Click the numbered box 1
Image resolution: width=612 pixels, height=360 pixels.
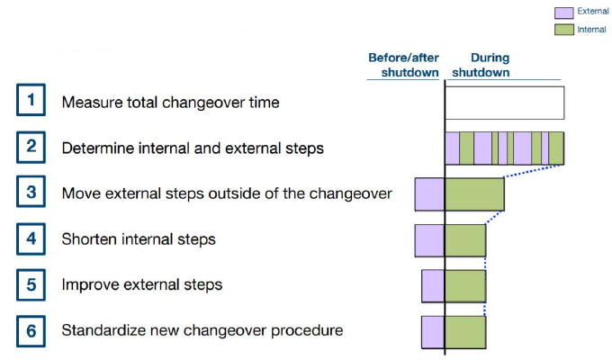tap(31, 100)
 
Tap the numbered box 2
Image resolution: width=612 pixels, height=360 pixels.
tap(31, 147)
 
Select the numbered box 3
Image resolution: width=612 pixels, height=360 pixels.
tap(31, 192)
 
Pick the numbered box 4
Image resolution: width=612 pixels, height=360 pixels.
tap(31, 239)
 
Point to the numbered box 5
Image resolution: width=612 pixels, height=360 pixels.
tap(31, 284)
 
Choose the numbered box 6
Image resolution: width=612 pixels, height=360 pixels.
tap(31, 331)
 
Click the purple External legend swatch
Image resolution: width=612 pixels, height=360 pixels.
tap(564, 13)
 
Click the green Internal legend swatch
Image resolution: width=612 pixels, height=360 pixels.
tap(564, 30)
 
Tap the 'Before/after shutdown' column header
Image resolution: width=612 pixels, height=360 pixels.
tap(403, 65)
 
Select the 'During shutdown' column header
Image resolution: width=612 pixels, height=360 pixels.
tap(481, 65)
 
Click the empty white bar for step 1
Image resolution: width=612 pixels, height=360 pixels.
tap(505, 103)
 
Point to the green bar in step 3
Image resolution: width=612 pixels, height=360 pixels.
tap(474, 194)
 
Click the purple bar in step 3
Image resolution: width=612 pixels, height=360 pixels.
tap(429, 194)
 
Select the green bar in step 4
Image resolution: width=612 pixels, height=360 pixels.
tap(465, 240)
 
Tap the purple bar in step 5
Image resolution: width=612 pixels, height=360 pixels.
tap(433, 286)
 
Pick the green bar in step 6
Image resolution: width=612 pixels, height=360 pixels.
tap(465, 332)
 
